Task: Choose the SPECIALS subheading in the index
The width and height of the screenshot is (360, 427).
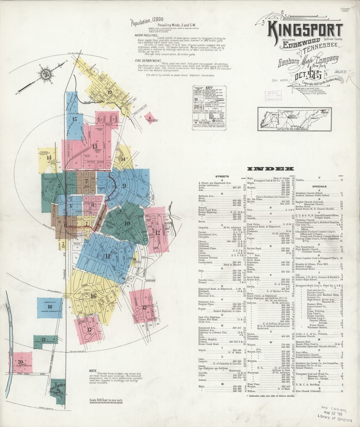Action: pos(319,186)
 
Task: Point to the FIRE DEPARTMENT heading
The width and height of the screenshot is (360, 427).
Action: pos(146,61)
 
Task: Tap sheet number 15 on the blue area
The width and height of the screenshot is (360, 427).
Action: pos(74,119)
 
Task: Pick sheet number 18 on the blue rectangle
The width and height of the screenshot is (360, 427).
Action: pos(50,306)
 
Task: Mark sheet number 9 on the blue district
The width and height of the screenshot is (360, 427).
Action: pos(124,185)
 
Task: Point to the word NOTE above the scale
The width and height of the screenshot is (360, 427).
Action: pos(93,371)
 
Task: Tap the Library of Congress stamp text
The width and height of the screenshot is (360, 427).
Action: pos(332,415)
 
